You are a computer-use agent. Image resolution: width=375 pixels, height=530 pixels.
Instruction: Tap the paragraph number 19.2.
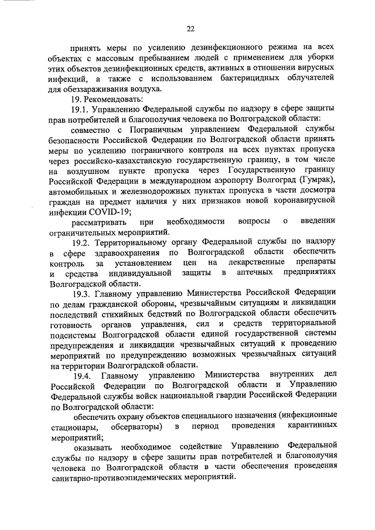pos(81,241)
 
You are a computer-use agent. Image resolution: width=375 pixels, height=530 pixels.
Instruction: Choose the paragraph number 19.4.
pos(81,375)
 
